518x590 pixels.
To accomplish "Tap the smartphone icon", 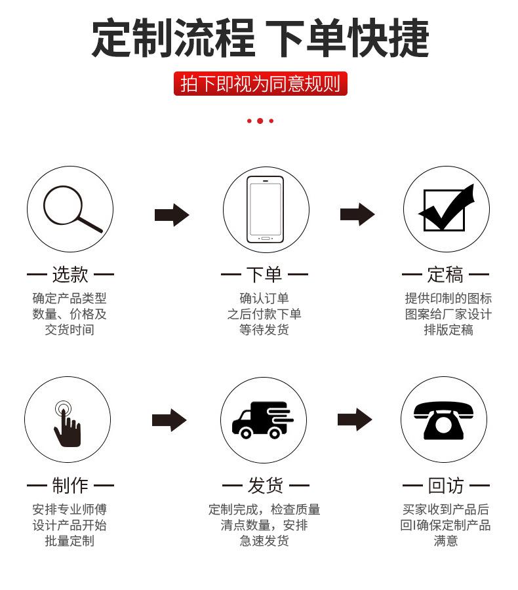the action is point(265,209).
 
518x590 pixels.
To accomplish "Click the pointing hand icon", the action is point(67,424).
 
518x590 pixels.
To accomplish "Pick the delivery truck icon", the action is point(262,420).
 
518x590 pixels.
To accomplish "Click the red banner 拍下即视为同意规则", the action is point(260,83).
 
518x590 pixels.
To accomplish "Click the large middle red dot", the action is point(260,121).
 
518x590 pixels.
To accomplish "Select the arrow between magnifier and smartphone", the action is point(172,215).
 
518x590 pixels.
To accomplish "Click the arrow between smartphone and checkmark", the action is point(357,214).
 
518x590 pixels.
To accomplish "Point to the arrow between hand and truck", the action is point(169,420).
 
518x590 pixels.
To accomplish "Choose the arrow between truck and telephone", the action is point(355,420).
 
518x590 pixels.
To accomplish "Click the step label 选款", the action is point(70,274).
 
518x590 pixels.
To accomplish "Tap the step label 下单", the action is point(264,274).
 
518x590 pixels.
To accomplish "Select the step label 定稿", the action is point(445,274).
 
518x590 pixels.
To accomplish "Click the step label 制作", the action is point(70,485).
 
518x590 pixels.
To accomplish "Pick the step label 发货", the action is point(266,485).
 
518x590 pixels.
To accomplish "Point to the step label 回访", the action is point(446,485).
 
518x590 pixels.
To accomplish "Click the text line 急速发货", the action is point(264,541).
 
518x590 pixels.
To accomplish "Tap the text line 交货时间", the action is point(70,330).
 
